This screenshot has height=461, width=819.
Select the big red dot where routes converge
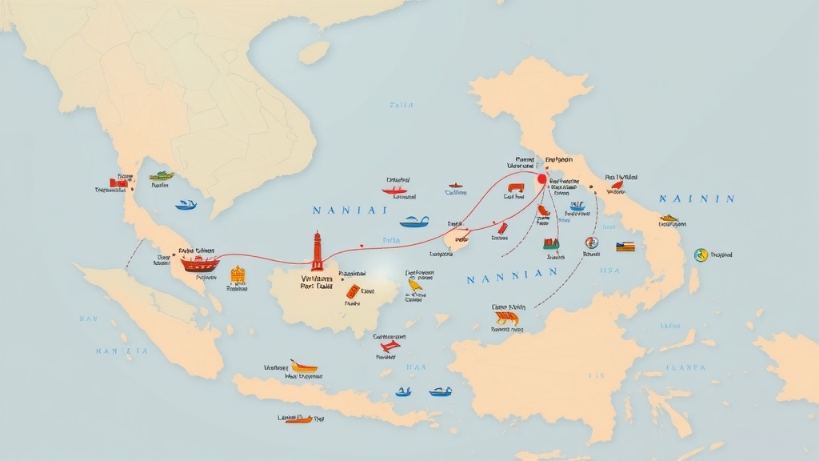coord(541,179)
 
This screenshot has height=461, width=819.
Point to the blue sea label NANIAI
coord(349,210)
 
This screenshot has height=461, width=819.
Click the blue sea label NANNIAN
coord(511,275)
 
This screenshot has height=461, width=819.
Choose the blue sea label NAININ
coord(696,198)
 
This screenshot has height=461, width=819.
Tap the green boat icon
coord(162,175)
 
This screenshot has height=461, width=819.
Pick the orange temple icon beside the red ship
coord(238,274)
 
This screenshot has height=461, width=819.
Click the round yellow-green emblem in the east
coord(701,255)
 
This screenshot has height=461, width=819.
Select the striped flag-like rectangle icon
coord(625,247)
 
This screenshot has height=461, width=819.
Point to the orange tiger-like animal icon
coord(505,319)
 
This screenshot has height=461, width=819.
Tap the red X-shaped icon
coord(389,346)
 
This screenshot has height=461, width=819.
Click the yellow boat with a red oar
coord(304,366)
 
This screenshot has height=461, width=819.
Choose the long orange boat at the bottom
coord(298,419)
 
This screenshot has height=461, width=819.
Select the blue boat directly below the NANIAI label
coord(413,222)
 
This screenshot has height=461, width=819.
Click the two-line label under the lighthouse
coord(316,279)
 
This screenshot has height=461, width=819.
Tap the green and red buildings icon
coord(550,243)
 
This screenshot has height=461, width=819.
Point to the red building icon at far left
coord(118,182)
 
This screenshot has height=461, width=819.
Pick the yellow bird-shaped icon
coord(416,283)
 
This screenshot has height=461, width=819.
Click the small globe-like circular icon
coord(592,242)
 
